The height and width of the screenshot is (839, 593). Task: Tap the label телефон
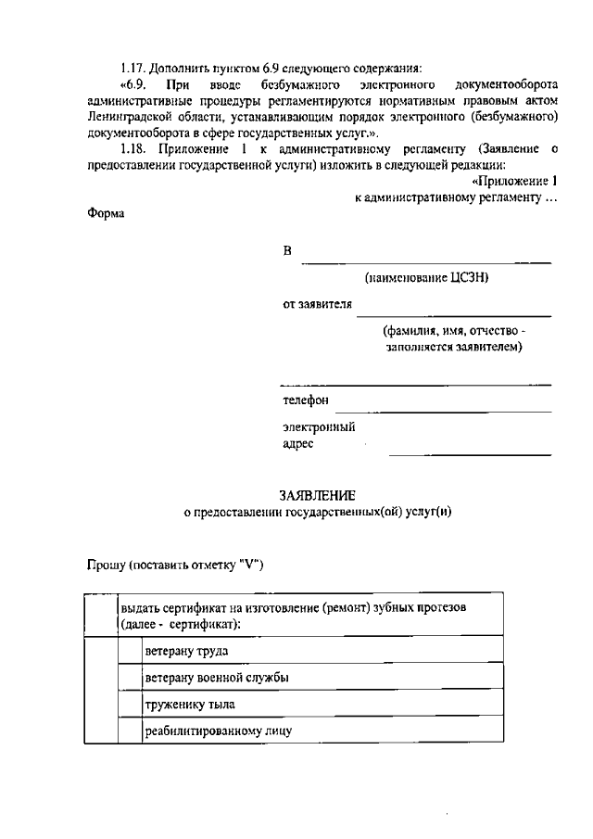(x=306, y=400)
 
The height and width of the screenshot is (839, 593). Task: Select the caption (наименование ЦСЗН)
(x=426, y=276)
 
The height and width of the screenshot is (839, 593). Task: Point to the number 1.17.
(x=134, y=68)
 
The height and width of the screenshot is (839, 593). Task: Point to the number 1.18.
(x=134, y=148)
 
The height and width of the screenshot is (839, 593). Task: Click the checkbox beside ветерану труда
(x=130, y=650)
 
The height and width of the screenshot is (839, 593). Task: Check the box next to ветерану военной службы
(x=130, y=677)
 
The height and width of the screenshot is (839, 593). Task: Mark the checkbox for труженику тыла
(x=130, y=704)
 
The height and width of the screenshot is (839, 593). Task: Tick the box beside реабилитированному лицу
(x=130, y=731)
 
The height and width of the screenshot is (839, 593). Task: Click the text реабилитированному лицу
(x=218, y=731)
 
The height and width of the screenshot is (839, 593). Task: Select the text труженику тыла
(x=183, y=704)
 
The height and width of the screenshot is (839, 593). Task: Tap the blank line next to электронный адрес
(x=470, y=453)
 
